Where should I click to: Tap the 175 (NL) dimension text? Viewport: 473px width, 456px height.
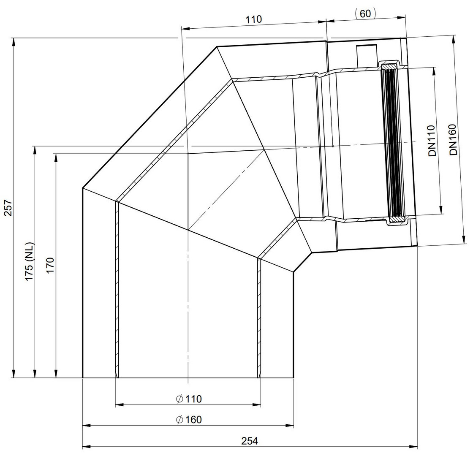(30, 261)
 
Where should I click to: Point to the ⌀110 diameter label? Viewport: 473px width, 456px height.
(189, 399)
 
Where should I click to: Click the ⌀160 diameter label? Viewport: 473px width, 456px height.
(189, 420)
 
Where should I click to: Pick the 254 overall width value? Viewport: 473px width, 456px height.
(250, 441)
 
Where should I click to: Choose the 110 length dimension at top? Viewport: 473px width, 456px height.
(253, 19)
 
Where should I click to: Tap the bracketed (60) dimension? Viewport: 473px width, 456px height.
(365, 14)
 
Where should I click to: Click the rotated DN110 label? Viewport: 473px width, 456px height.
(432, 141)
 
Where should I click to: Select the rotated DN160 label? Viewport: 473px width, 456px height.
(453, 140)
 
